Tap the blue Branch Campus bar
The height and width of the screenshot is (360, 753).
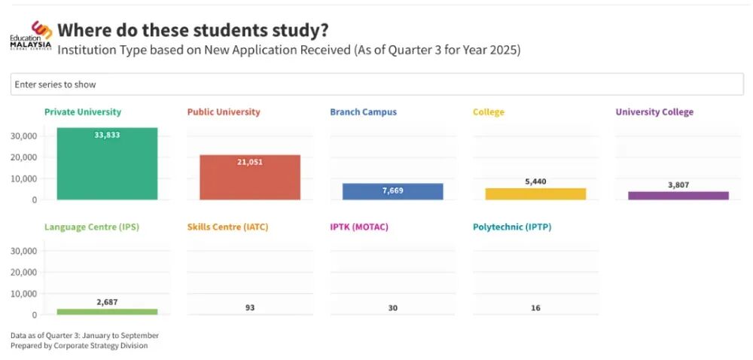pos(392,191)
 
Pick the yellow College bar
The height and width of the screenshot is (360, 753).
pos(535,194)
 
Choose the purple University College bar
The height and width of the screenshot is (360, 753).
pos(678,196)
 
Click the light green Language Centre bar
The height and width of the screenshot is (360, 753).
pos(107,311)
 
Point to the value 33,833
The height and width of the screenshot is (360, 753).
pos(107,135)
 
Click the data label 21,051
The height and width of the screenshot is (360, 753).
pos(249,162)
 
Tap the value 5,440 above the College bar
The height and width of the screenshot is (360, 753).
pos(535,182)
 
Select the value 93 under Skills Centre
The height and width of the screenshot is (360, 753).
pos(249,307)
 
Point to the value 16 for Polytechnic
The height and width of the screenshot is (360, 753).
pos(535,307)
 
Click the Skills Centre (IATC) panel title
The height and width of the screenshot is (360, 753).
pos(227,227)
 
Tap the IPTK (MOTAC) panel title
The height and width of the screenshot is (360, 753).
pos(358,227)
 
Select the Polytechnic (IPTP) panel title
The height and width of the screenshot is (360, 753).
pos(512,227)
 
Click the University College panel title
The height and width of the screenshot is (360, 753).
pos(654,112)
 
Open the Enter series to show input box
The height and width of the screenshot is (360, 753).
pos(376,84)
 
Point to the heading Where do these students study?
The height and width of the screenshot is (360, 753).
pos(193,30)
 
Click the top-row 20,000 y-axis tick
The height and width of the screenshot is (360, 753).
pos(25,157)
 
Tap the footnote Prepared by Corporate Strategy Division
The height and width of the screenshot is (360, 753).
pos(79,346)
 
